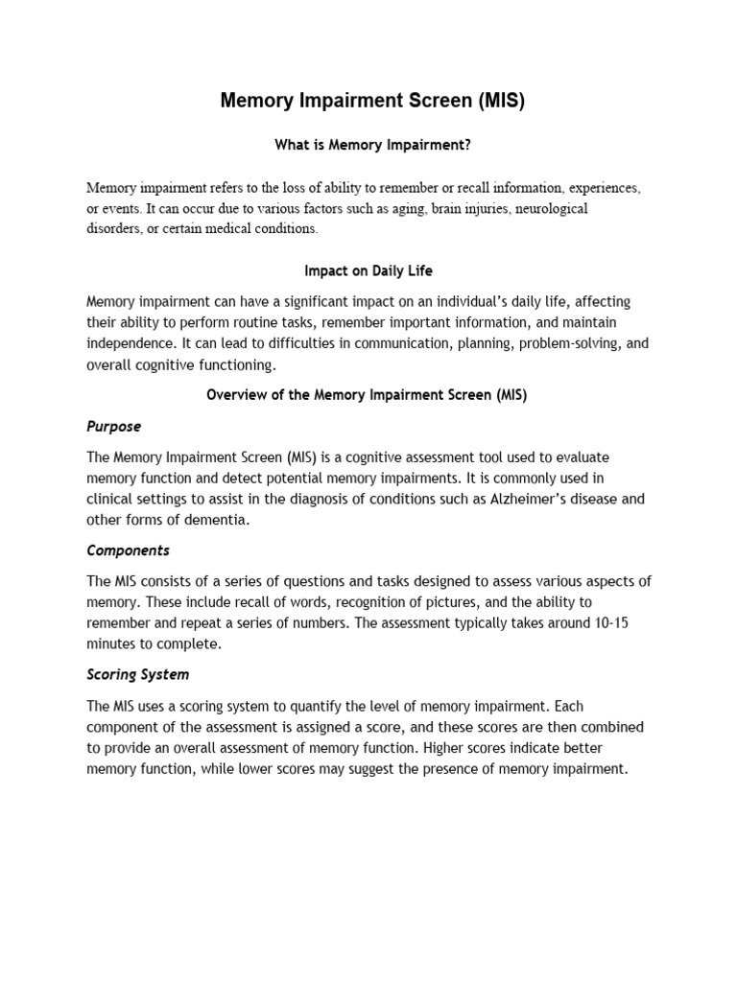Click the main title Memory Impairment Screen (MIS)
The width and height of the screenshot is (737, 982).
tap(372, 101)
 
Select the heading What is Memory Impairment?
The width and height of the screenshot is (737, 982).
tap(373, 145)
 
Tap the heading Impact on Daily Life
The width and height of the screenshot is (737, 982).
tap(373, 271)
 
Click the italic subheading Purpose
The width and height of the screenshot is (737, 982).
tap(113, 426)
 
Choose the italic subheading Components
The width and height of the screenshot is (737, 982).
tap(128, 550)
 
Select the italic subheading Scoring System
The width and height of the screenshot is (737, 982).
tap(138, 674)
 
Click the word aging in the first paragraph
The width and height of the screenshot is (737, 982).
tap(406, 208)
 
